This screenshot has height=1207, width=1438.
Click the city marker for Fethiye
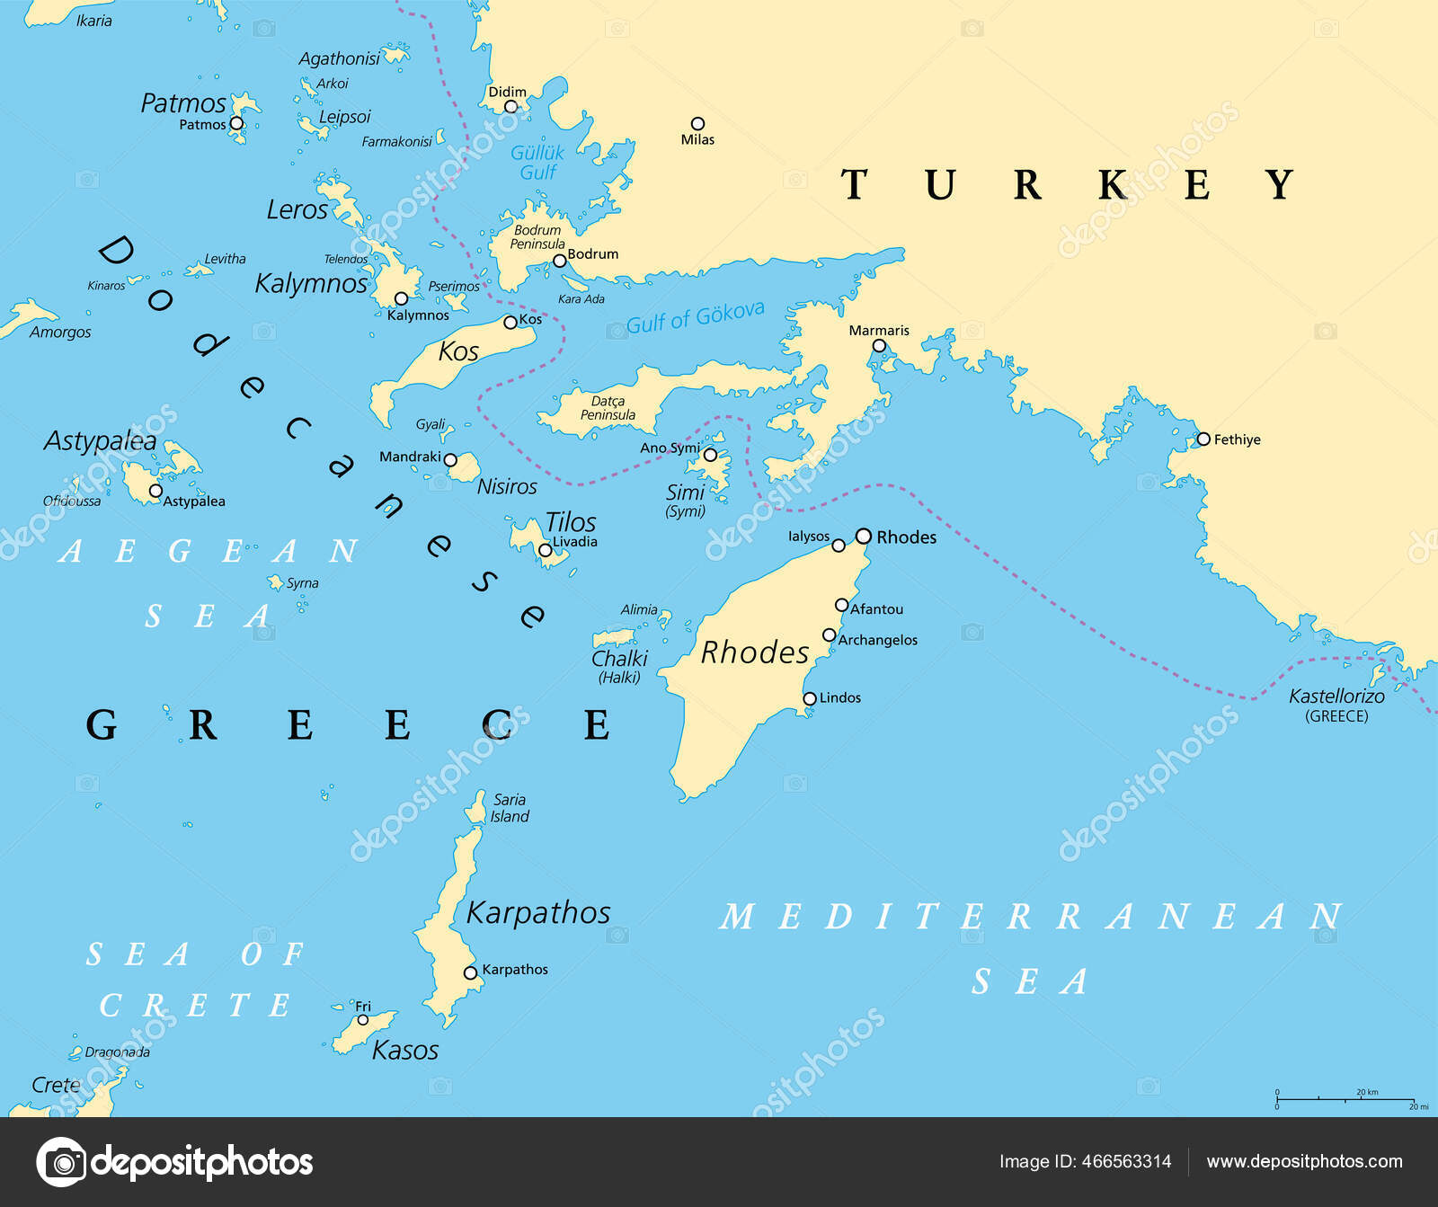tap(1203, 439)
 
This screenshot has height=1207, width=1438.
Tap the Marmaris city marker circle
tap(879, 346)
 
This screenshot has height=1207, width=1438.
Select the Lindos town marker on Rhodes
tap(810, 698)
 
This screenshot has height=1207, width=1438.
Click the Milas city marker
tap(697, 124)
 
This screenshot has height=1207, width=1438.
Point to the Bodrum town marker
tap(559, 261)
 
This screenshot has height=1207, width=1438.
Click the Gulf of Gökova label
tap(695, 317)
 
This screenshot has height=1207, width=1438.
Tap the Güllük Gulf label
tap(537, 163)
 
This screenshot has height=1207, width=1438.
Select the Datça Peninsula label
tap(608, 408)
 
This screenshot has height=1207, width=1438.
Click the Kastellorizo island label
tap(1336, 697)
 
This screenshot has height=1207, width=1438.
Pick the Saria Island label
tap(510, 808)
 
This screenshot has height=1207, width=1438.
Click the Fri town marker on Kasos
tap(363, 1020)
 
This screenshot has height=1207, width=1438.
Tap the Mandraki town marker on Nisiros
tap(451, 459)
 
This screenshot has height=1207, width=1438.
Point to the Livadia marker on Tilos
tap(545, 550)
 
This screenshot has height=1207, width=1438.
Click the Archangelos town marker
tap(830, 635)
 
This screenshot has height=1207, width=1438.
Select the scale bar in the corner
tap(1345, 1098)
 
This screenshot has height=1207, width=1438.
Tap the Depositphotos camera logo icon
tap(61, 1162)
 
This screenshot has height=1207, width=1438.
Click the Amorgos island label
tap(60, 333)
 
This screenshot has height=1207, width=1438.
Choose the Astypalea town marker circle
tap(155, 491)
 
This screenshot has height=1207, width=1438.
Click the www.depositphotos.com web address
tap(1304, 1161)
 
